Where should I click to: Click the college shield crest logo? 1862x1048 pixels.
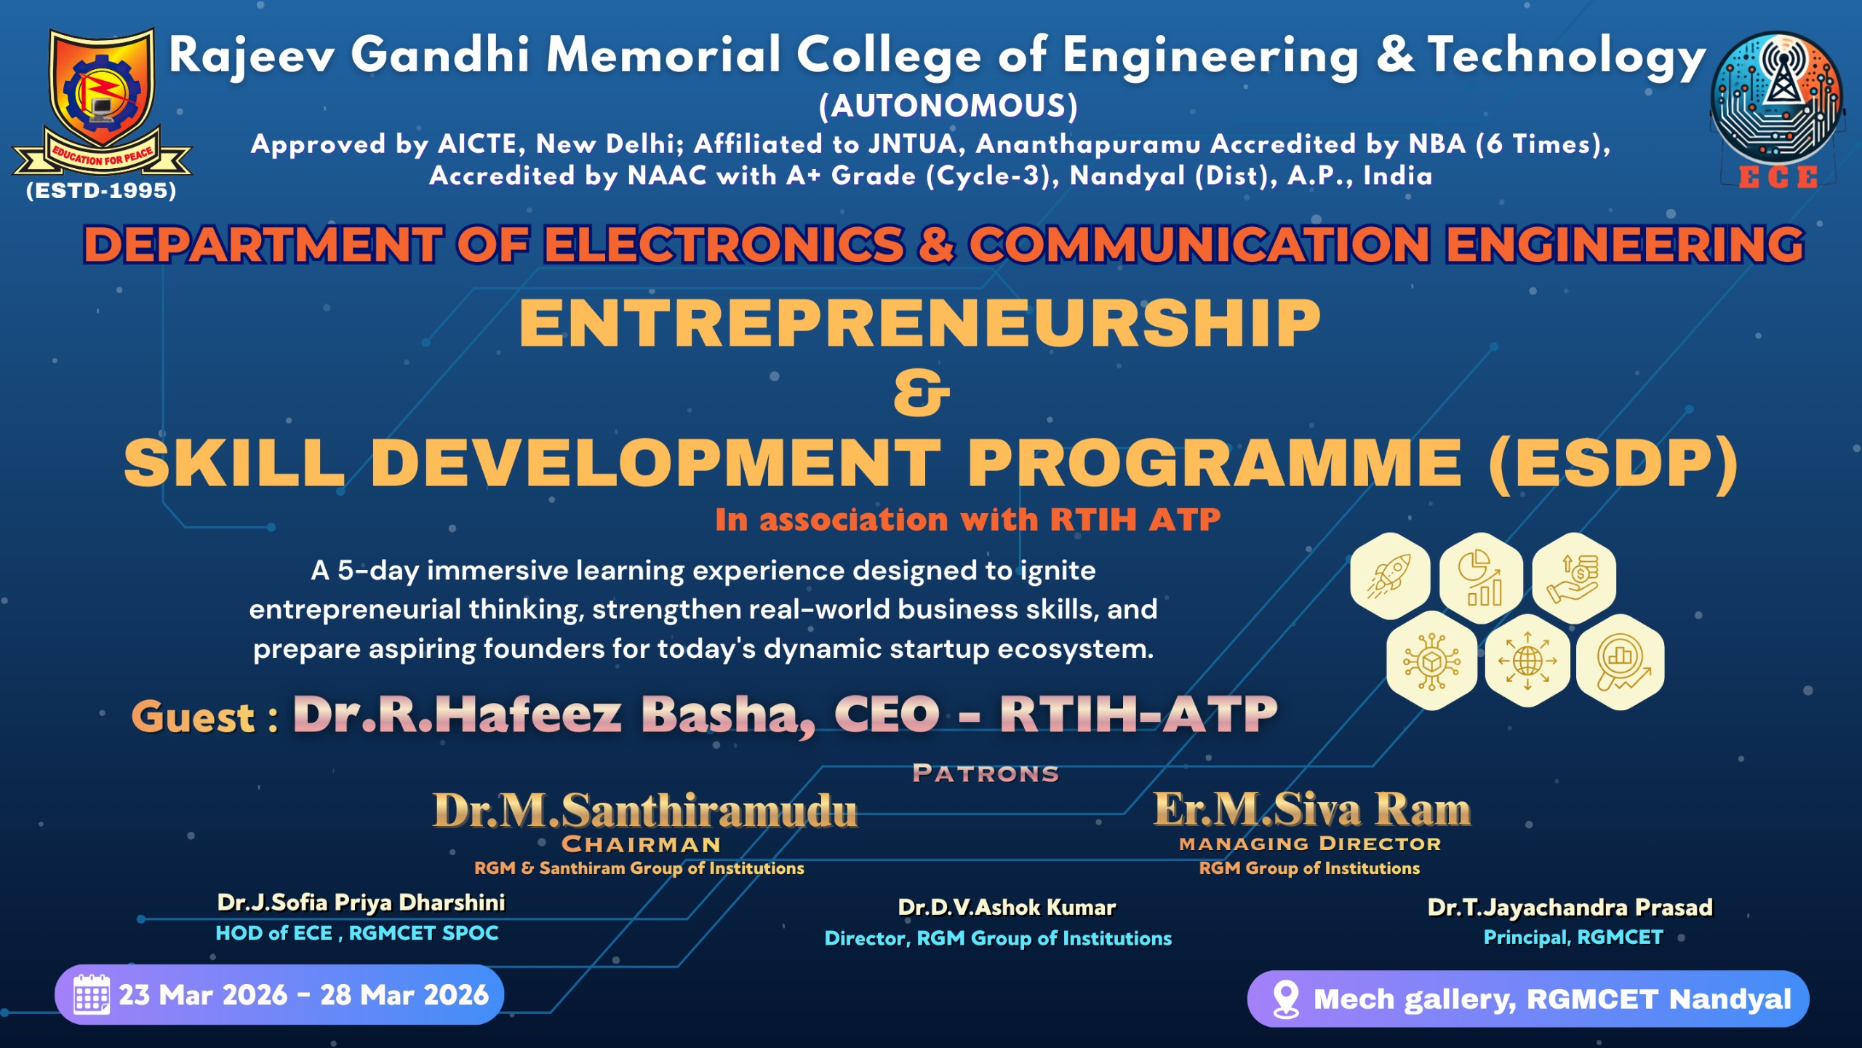click(x=102, y=102)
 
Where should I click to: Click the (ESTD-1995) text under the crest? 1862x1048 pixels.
click(x=101, y=191)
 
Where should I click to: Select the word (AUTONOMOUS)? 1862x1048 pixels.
click(x=948, y=106)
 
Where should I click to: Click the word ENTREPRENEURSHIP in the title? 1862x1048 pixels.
click(x=920, y=324)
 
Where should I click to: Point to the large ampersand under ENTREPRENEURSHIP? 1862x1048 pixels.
click(x=922, y=394)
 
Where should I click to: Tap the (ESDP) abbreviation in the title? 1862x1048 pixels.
click(x=1613, y=464)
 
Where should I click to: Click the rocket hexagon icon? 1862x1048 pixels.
click(x=1390, y=576)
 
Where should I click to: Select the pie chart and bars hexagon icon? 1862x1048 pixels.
click(x=1481, y=578)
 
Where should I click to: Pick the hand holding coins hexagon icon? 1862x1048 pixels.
click(x=1574, y=578)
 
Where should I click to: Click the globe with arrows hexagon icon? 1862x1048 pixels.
click(x=1527, y=661)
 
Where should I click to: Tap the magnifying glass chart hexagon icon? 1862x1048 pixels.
click(x=1620, y=662)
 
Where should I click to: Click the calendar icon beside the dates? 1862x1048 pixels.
click(x=92, y=994)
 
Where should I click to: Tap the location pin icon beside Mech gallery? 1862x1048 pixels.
click(x=1286, y=999)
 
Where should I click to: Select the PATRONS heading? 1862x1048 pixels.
click(x=986, y=773)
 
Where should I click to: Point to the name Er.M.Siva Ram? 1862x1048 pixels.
click(x=1312, y=809)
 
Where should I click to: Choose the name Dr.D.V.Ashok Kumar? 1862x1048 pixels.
click(x=1007, y=907)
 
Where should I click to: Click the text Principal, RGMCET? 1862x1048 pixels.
click(x=1573, y=937)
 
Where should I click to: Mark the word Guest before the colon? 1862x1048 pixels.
click(x=193, y=716)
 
